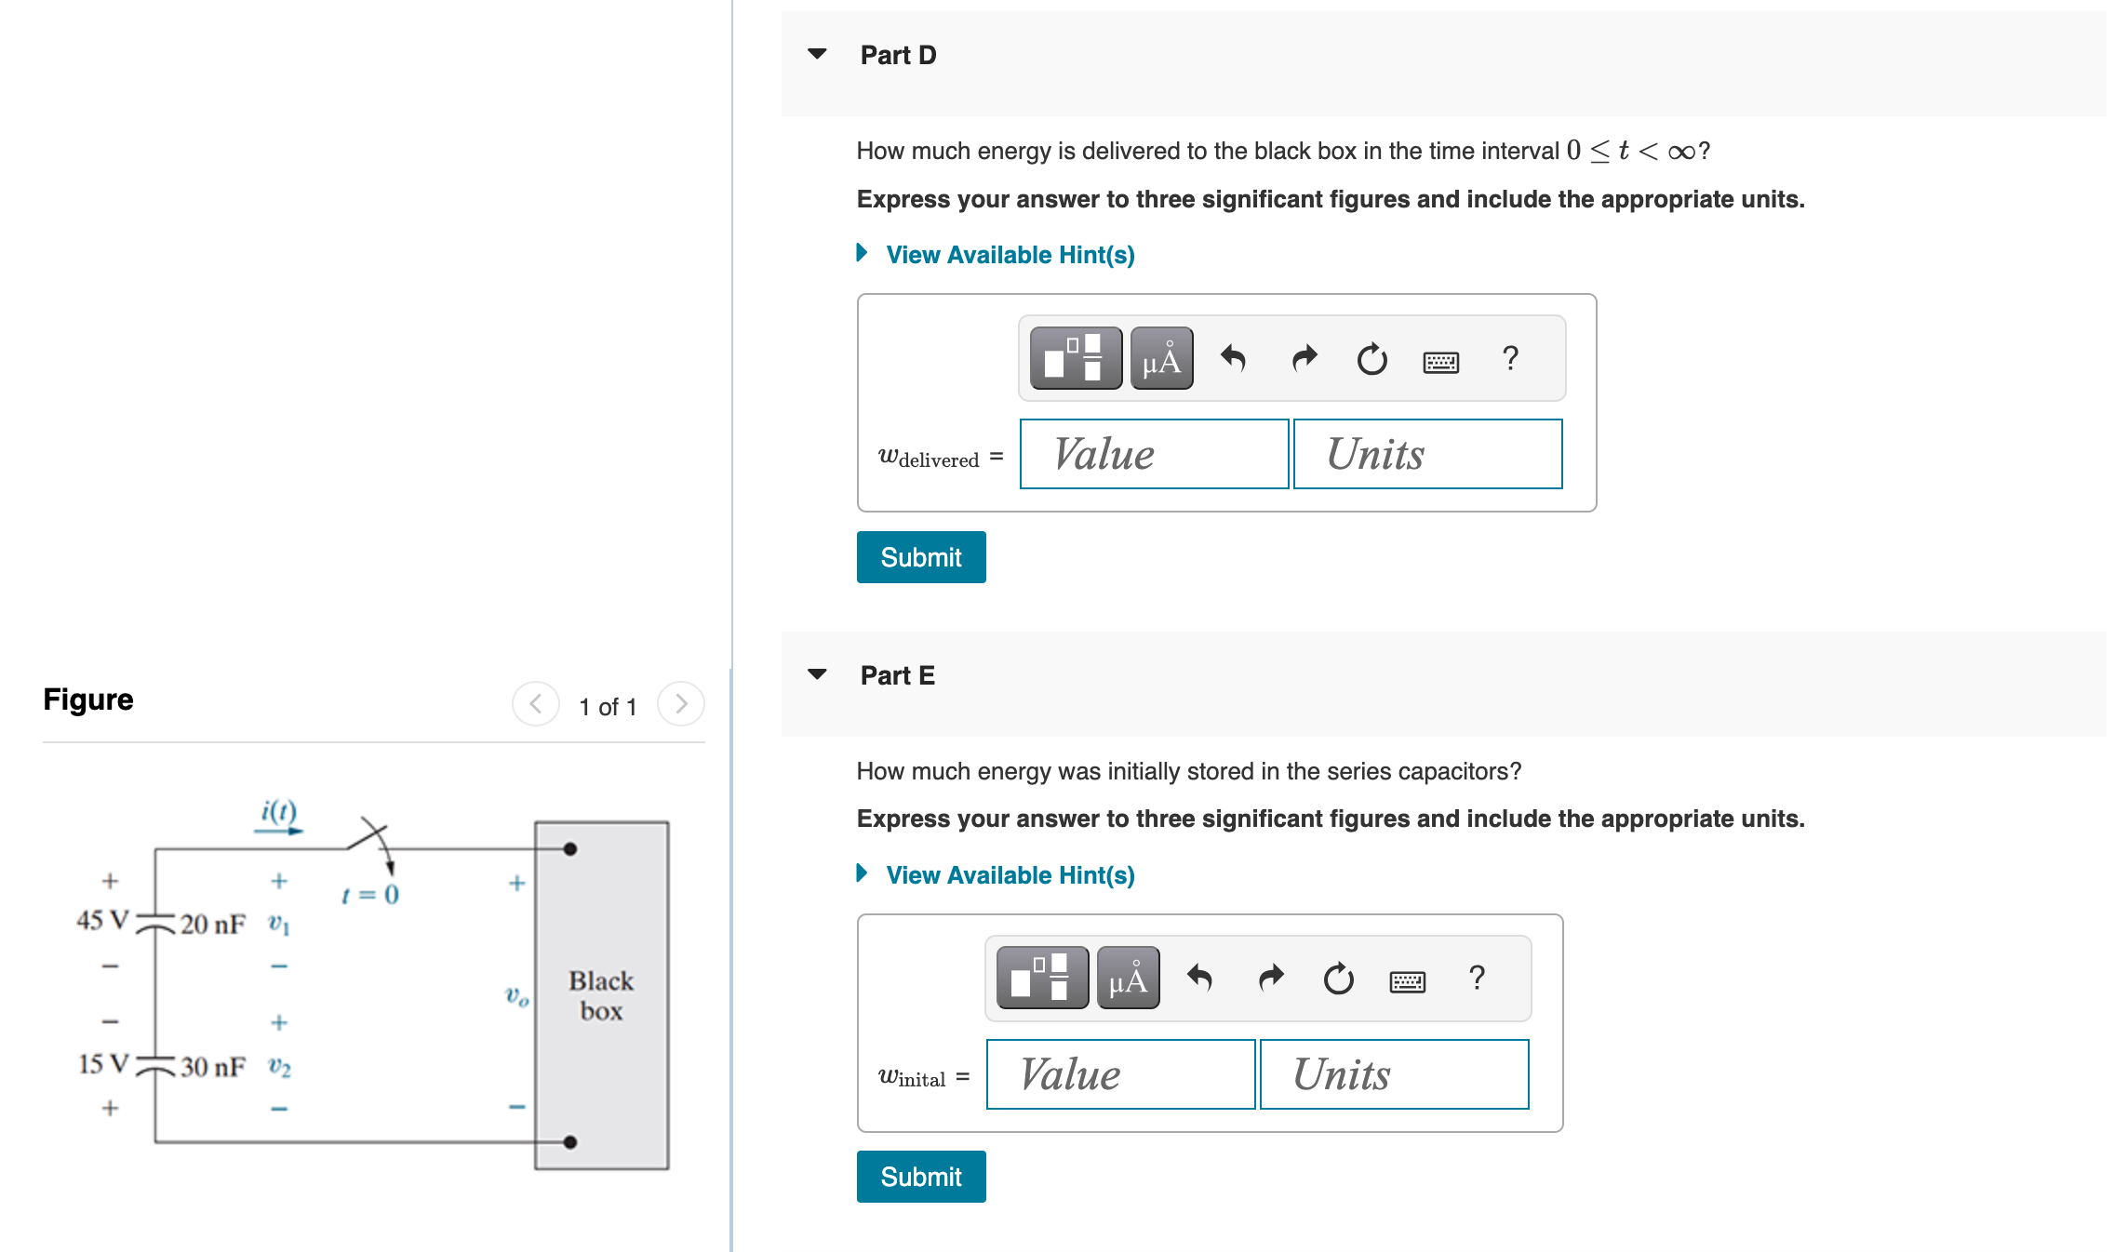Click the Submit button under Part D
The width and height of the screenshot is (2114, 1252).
(920, 557)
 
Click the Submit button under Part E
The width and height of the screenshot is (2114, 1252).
(920, 1177)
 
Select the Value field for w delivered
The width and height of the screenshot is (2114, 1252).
(1154, 454)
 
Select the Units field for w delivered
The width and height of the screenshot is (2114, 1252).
(1427, 454)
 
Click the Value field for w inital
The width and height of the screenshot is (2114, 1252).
(1120, 1074)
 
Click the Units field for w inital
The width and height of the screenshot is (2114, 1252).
(1394, 1074)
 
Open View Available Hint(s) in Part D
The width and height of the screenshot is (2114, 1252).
(1010, 255)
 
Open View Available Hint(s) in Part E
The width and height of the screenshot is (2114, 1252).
(1010, 875)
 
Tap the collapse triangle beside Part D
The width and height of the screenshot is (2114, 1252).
(817, 54)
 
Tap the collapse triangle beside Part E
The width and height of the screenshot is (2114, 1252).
(817, 674)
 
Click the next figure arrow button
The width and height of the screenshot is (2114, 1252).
(681, 704)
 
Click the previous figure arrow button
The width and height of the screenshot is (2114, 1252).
(536, 704)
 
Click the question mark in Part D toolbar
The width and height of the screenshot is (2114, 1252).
(1510, 358)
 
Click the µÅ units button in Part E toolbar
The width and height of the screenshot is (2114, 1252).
(1128, 979)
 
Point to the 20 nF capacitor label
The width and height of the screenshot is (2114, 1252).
(213, 925)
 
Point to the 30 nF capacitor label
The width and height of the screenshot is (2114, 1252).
(213, 1067)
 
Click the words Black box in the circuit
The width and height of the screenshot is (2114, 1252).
(601, 995)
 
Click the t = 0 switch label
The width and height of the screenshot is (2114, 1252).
(370, 895)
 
